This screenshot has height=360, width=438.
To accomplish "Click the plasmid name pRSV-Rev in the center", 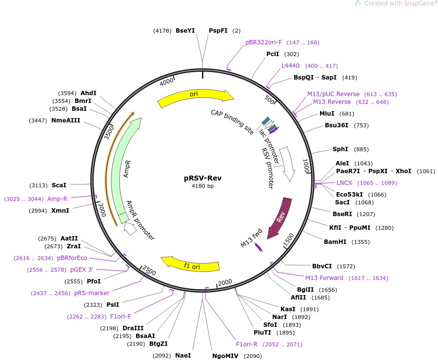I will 202,178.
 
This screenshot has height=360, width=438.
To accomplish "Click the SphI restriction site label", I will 340,149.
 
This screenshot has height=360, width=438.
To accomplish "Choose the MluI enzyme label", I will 327,114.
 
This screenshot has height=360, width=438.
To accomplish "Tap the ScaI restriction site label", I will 59,185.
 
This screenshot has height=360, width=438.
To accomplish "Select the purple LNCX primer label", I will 344,183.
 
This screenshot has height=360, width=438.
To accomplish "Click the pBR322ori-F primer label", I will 264,42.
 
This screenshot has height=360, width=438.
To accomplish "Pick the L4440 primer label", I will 290,66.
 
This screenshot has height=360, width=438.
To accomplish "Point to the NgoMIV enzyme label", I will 225,356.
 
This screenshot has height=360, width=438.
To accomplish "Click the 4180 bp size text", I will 202,186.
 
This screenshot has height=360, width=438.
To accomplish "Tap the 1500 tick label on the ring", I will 288,239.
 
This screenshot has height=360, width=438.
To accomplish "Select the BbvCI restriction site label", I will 322,266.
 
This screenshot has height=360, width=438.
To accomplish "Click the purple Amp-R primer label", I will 57,199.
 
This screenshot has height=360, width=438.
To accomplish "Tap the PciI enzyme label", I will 273,54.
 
